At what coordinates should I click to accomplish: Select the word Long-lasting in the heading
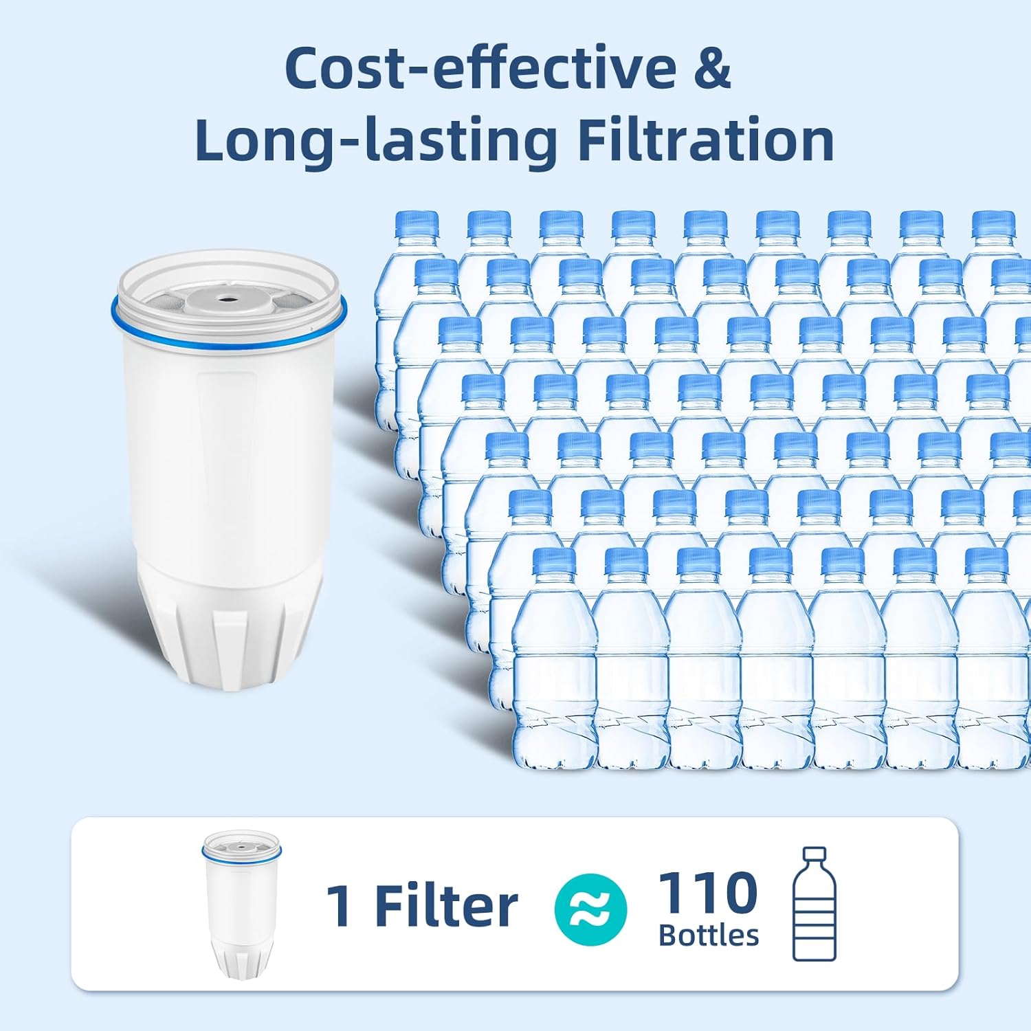(375, 141)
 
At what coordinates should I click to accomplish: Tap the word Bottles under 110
(709, 935)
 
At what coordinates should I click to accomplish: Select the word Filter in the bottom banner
(446, 906)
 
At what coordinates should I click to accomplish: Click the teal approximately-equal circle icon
(590, 909)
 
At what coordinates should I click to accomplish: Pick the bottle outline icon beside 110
(814, 904)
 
